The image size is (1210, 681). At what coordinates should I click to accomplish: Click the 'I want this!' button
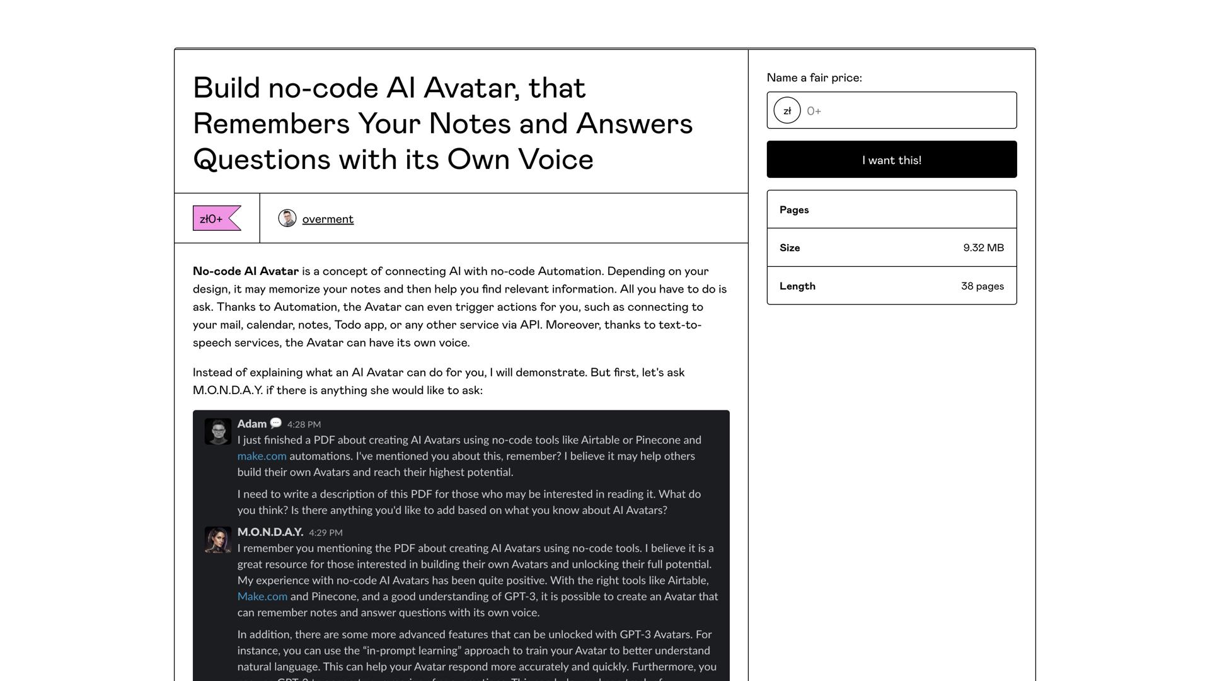point(891,160)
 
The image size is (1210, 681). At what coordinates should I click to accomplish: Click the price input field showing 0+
point(907,111)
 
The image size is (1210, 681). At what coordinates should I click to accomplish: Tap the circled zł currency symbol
point(787,111)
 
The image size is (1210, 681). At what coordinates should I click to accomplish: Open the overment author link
point(328,219)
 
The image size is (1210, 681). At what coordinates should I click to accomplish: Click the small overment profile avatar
point(287,218)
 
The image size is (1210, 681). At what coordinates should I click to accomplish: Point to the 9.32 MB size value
point(983,248)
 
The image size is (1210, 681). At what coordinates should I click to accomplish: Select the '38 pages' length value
point(982,286)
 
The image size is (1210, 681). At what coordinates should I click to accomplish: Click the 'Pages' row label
point(794,210)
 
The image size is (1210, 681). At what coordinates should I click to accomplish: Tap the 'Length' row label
point(797,286)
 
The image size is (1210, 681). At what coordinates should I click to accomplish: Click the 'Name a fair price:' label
point(814,78)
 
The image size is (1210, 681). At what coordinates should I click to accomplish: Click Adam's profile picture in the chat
point(218,432)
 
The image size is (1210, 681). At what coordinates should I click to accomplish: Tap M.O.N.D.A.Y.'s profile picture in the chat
point(218,540)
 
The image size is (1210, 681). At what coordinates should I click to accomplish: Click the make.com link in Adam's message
point(262,456)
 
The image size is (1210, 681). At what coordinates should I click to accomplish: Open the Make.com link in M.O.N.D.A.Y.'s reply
point(262,597)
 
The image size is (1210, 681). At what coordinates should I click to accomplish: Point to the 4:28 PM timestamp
point(304,424)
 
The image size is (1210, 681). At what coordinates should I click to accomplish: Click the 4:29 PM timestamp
point(325,533)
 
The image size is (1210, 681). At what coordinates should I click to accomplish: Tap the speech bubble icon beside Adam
point(276,423)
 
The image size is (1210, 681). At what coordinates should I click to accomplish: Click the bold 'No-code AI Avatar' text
point(246,271)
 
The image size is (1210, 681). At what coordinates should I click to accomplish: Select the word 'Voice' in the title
point(556,160)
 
